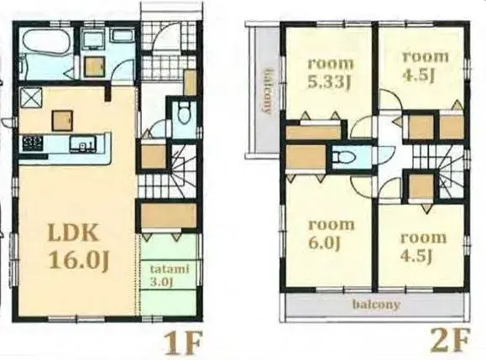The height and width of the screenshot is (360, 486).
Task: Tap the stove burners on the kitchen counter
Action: point(34,144)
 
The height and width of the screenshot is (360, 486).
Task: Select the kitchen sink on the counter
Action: point(84,149)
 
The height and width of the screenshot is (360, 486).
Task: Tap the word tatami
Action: point(169,269)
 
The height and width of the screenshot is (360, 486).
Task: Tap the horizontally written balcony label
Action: point(375,305)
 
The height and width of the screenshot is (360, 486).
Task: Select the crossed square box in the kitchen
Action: point(32,97)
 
